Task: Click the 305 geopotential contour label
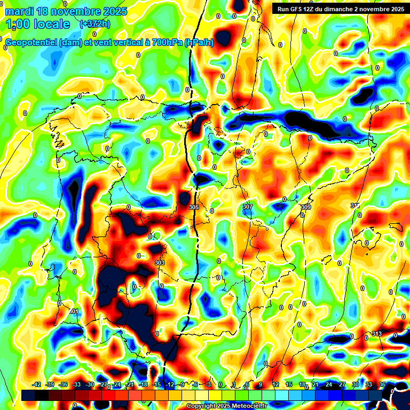[x=193, y=207]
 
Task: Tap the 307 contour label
[x=247, y=207]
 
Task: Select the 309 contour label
[x=305, y=207]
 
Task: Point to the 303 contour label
[x=159, y=263]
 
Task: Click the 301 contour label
[x=74, y=311]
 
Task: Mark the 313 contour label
[x=377, y=334]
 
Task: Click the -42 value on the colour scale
[x=37, y=384]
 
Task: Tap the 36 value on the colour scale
[x=382, y=384]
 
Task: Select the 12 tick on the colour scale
[x=275, y=384]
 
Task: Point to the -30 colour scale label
[x=90, y=384]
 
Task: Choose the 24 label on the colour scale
[x=329, y=384]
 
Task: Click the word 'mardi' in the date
[x=20, y=11]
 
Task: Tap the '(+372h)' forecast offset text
[x=94, y=24]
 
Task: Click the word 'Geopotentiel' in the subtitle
[x=32, y=42]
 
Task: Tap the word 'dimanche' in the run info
[x=341, y=9]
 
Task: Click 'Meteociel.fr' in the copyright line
[x=249, y=406]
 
